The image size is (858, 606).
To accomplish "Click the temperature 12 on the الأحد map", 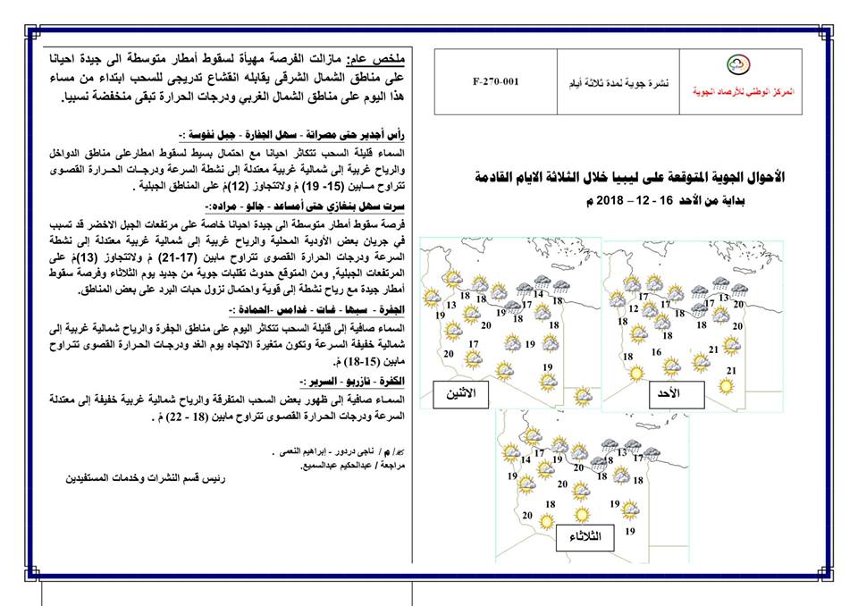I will click(x=633, y=308).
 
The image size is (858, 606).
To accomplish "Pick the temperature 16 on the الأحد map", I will click(x=657, y=352).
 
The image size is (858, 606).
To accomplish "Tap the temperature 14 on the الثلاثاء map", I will click(x=525, y=460).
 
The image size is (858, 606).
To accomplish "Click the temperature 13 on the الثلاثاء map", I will click(x=623, y=453).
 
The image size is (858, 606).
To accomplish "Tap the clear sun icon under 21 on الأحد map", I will click(x=730, y=387).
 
